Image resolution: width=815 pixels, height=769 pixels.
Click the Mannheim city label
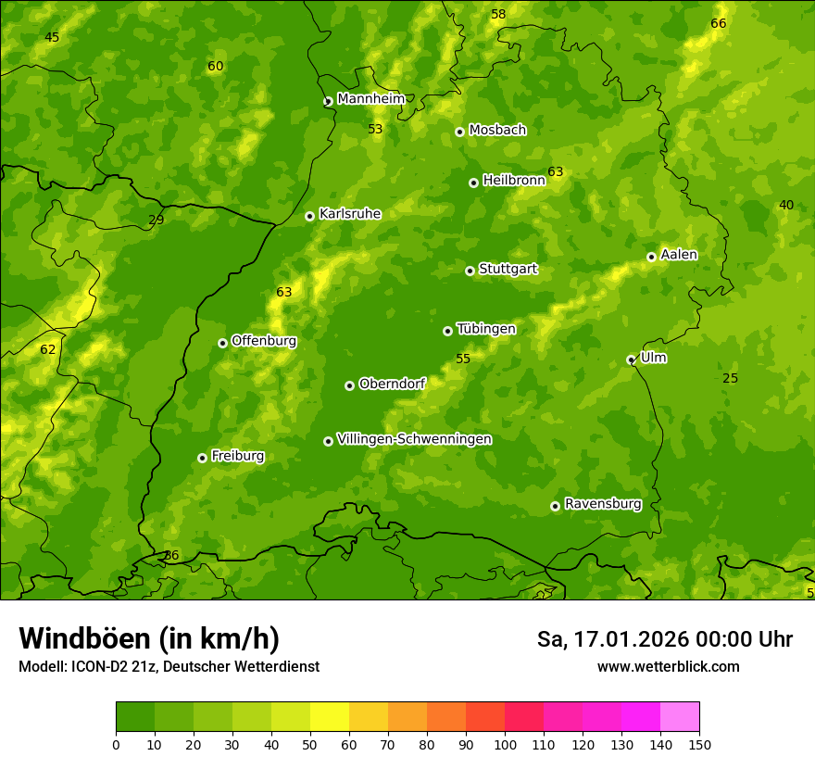click(370, 99)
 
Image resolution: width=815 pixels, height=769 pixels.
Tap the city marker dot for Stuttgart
click(470, 271)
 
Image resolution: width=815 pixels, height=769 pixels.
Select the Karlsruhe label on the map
click(349, 214)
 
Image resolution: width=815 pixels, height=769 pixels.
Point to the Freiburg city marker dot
click(202, 458)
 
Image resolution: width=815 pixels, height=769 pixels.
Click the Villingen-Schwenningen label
click(414, 439)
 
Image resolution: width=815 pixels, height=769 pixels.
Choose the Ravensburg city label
click(602, 504)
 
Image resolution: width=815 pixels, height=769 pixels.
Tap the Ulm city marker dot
click(631, 359)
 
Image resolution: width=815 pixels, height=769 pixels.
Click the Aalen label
click(679, 255)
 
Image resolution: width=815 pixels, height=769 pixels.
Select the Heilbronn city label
click(513, 181)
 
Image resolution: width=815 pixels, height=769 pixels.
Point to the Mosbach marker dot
click(459, 132)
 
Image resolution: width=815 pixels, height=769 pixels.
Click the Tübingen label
click(485, 329)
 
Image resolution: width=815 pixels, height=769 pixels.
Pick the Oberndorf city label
click(392, 384)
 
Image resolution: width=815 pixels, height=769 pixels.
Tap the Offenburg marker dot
click(222, 343)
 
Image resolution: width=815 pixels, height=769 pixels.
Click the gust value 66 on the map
click(719, 23)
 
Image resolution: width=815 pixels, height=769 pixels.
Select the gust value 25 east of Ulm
click(730, 378)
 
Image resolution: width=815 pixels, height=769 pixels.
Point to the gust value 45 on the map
click(52, 37)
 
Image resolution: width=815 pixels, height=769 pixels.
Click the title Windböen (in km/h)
click(149, 638)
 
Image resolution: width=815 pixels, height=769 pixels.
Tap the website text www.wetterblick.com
click(668, 666)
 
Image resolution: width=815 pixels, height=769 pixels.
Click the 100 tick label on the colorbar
click(505, 744)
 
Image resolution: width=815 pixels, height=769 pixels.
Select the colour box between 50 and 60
click(330, 717)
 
